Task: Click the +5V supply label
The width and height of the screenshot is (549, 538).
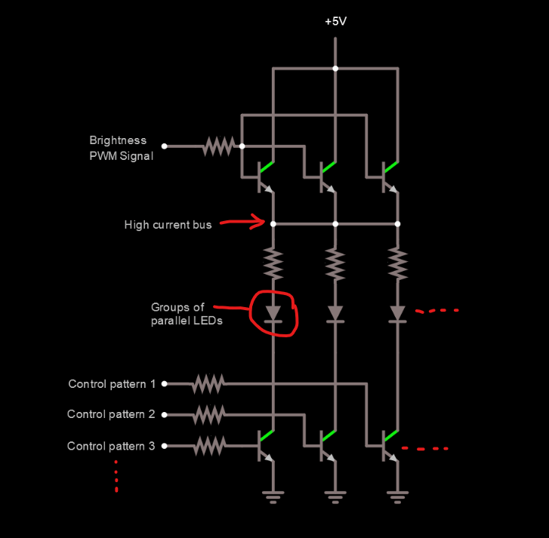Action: (x=335, y=21)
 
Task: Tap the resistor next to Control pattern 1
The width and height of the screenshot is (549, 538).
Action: (x=207, y=384)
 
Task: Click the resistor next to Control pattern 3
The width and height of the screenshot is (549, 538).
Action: (x=208, y=446)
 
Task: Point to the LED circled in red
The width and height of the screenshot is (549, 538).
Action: (x=273, y=312)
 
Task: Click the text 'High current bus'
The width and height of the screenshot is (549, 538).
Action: (x=168, y=225)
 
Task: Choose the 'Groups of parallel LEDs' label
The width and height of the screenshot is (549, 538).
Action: (x=177, y=314)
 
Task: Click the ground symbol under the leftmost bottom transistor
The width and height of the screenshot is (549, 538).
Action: (x=273, y=496)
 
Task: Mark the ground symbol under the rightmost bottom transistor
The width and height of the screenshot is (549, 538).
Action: (x=397, y=496)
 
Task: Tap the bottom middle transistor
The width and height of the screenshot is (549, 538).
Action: (x=326, y=446)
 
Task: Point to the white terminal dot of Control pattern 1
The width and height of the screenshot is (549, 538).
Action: (x=165, y=384)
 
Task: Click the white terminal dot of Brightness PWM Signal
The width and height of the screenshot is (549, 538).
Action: (x=165, y=146)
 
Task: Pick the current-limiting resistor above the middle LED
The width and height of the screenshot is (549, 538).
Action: (x=335, y=264)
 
